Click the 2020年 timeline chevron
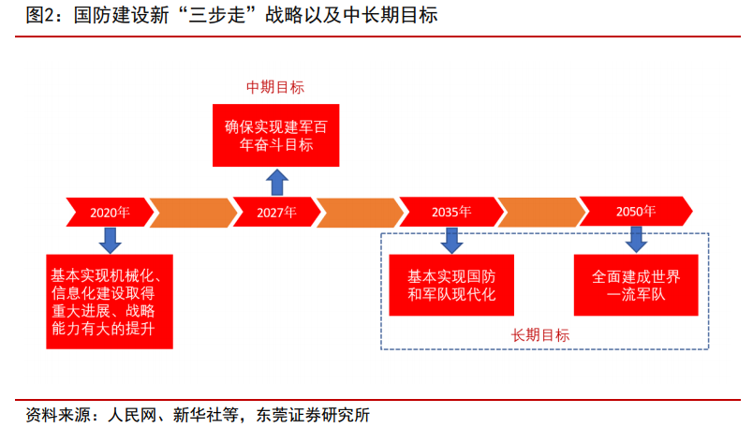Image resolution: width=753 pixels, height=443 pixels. coord(110,212)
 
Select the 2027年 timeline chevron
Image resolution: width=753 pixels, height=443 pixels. coord(276,212)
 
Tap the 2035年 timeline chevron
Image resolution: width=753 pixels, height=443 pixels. coord(451,212)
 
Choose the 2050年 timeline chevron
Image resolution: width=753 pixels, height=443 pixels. coord(636,211)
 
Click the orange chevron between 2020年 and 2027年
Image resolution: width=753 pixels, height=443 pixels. coord(194,212)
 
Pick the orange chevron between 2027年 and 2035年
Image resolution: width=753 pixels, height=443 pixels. coord(361,212)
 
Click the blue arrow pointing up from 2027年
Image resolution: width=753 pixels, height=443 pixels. coord(277,182)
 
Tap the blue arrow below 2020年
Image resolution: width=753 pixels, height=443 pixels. coord(110,241)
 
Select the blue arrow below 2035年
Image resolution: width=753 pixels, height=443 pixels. coord(451,241)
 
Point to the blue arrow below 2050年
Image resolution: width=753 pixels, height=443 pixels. coord(636,240)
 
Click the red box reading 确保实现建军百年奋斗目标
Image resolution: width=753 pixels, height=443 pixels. coord(276,136)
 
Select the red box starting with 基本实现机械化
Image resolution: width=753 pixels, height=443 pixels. coord(110,302)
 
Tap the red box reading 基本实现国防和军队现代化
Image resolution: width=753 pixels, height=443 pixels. coord(451,285)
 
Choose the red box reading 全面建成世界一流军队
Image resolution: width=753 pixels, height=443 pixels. coord(636,285)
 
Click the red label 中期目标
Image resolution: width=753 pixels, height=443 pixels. coord(275,87)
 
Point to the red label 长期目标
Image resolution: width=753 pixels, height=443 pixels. coord(540,335)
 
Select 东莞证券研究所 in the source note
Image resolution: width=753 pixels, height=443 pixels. coord(313,415)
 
